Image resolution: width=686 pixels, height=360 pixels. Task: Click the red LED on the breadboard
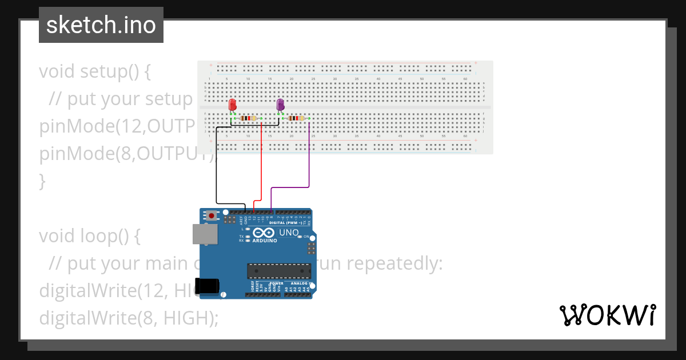pos(232,105)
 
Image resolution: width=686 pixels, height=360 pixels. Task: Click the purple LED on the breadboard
pos(280,105)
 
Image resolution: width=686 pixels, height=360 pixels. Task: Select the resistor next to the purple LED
pos(296,118)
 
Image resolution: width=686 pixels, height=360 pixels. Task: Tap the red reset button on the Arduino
pos(212,216)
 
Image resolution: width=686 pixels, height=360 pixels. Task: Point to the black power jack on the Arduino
pos(206,286)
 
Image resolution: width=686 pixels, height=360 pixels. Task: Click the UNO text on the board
pos(288,233)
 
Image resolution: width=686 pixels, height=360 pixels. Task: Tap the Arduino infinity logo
pos(264,233)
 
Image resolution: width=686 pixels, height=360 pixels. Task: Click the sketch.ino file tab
pos(101,25)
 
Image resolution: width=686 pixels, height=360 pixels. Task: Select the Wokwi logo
pos(607,315)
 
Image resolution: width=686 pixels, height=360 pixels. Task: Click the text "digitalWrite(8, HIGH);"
pos(129,318)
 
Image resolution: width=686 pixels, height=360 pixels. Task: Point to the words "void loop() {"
pos(89,236)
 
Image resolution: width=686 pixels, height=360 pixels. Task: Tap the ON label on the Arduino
pos(306,237)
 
